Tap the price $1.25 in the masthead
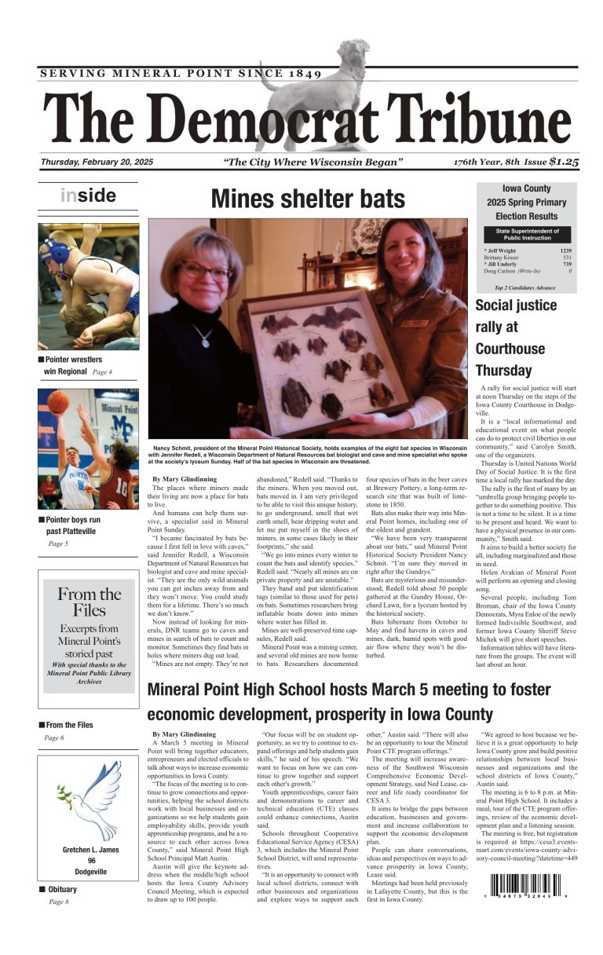click(564, 162)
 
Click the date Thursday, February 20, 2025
click(97, 163)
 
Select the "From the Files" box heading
click(89, 602)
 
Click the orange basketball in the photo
click(57, 401)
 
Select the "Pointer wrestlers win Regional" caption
click(75, 365)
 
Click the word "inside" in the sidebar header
click(88, 196)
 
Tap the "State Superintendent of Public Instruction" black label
click(527, 233)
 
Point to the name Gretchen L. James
click(91, 850)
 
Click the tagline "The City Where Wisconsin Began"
click(312, 163)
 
